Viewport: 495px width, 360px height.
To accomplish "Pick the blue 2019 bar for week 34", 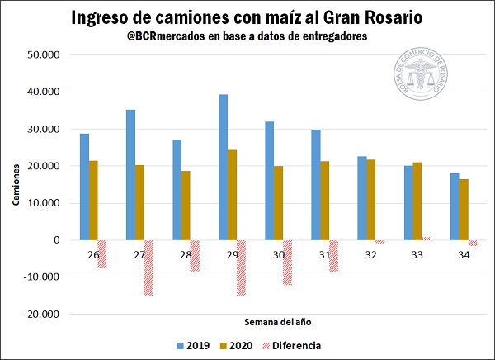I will click(455, 206).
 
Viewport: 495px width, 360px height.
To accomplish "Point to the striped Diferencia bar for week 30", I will click(287, 262).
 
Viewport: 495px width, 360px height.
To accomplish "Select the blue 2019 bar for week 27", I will click(130, 174).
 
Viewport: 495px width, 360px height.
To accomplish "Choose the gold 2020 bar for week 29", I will click(233, 195).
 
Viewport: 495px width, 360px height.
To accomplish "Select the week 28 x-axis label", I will click(186, 254).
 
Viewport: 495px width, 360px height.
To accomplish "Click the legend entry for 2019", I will click(193, 345).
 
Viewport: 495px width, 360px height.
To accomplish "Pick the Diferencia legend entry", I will click(291, 345).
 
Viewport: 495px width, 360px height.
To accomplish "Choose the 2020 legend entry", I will click(236, 345).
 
